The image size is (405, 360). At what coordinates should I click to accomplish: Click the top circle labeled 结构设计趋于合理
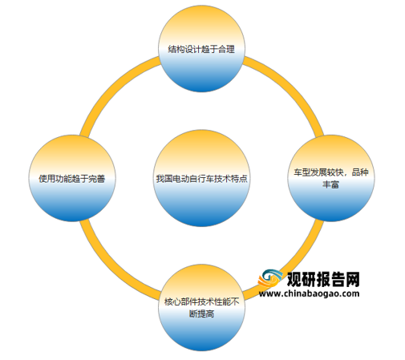click(201, 49)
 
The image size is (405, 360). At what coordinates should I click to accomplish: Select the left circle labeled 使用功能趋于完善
click(72, 178)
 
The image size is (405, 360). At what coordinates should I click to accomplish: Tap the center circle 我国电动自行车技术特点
click(201, 178)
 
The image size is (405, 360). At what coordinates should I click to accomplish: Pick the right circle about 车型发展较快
click(331, 178)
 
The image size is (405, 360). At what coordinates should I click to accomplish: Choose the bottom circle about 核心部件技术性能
click(201, 308)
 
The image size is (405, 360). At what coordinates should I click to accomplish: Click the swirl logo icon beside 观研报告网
click(270, 279)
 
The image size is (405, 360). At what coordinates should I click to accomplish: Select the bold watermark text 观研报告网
click(323, 279)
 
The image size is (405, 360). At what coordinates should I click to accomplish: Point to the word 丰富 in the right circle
click(330, 184)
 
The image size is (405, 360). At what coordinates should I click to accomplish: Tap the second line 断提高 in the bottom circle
click(201, 313)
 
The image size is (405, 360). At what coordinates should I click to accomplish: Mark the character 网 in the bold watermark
click(353, 279)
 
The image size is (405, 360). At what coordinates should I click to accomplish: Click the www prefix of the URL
click(268, 294)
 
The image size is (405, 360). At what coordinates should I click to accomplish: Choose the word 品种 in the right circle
click(360, 172)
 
